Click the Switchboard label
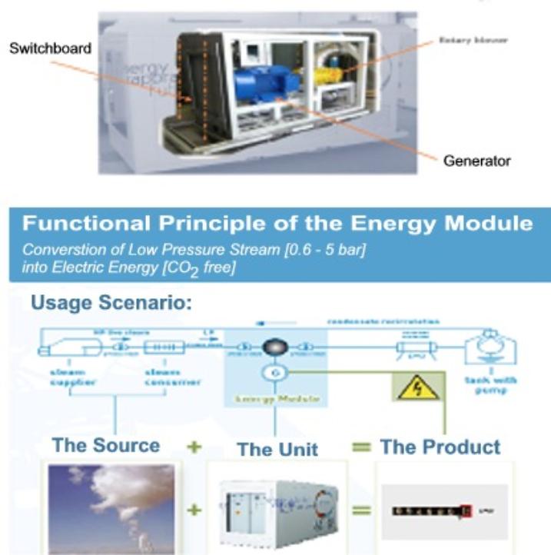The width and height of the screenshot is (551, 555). tap(50, 48)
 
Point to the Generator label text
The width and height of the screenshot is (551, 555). tap(476, 161)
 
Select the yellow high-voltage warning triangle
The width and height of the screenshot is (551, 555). tap(417, 387)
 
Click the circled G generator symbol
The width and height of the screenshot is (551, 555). tap(276, 374)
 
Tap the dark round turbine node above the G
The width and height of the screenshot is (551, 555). tap(275, 347)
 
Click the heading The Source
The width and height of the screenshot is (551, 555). tap(107, 446)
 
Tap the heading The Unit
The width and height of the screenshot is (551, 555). tap(277, 450)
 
